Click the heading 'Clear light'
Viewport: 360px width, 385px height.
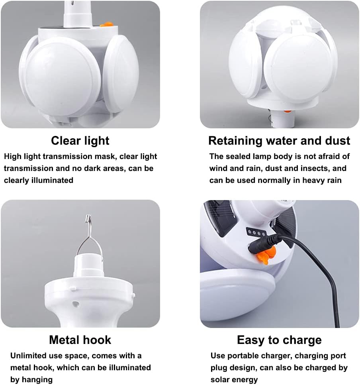point(80,141)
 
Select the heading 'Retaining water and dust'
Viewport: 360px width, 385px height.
point(279,141)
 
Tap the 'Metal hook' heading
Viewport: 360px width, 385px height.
point(80,340)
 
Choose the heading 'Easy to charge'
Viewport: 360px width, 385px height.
point(279,340)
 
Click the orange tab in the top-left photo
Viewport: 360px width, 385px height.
point(106,24)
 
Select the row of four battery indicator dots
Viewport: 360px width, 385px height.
point(256,232)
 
